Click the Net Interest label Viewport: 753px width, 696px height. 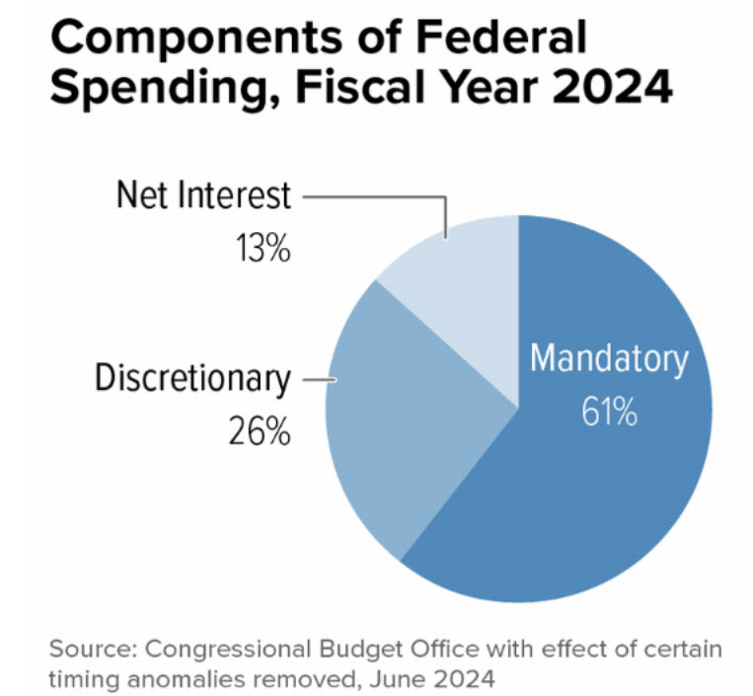point(203,195)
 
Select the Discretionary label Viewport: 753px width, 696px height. point(192,379)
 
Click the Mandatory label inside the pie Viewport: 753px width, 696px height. point(609,358)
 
